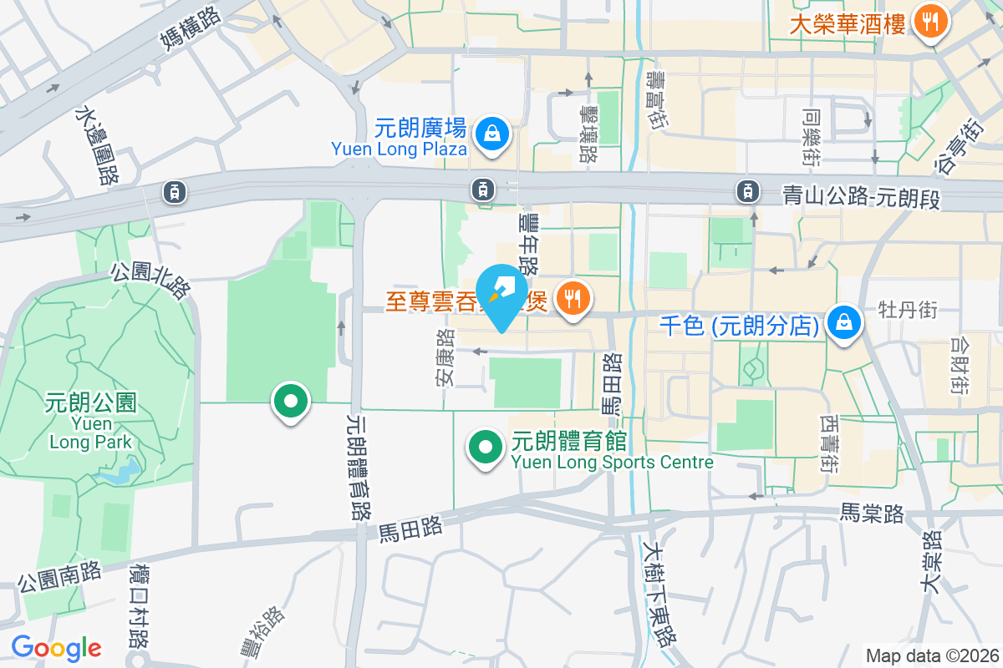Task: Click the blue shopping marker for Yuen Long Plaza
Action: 493,134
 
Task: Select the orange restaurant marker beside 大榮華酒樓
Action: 929,21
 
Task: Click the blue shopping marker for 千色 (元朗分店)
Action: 845,322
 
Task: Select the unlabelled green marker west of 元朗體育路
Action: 290,402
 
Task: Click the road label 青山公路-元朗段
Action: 862,196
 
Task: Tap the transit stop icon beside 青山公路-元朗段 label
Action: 746,191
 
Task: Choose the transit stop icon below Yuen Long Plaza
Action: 482,190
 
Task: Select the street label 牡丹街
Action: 908,310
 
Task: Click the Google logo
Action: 56,647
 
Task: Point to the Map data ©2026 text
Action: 932,655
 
